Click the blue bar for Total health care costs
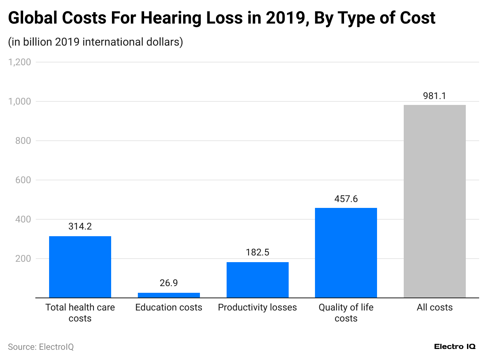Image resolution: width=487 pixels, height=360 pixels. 80,267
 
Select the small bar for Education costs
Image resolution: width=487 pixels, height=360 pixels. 168,295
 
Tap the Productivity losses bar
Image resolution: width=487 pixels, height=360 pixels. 257,280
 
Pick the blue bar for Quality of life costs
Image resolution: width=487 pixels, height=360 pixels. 346,253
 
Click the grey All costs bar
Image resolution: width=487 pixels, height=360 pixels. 434,201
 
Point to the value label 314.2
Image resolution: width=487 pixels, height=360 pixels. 80,226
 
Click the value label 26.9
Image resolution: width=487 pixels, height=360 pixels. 168,283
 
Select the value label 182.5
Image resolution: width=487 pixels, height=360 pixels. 257,252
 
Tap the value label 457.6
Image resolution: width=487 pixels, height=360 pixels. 346,198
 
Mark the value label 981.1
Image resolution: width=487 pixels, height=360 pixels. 434,96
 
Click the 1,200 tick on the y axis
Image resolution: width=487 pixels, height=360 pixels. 20,62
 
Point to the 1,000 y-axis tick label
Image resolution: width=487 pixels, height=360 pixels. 20,101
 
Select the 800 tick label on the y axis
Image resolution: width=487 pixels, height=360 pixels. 23,141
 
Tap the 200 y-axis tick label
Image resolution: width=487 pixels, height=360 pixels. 23,259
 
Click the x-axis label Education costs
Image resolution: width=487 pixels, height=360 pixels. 168,307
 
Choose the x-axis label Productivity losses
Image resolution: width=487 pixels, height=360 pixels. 257,307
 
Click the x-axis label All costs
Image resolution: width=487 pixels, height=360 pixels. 434,307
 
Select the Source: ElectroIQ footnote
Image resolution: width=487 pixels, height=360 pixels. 41,347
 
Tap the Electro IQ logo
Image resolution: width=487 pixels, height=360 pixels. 455,347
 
